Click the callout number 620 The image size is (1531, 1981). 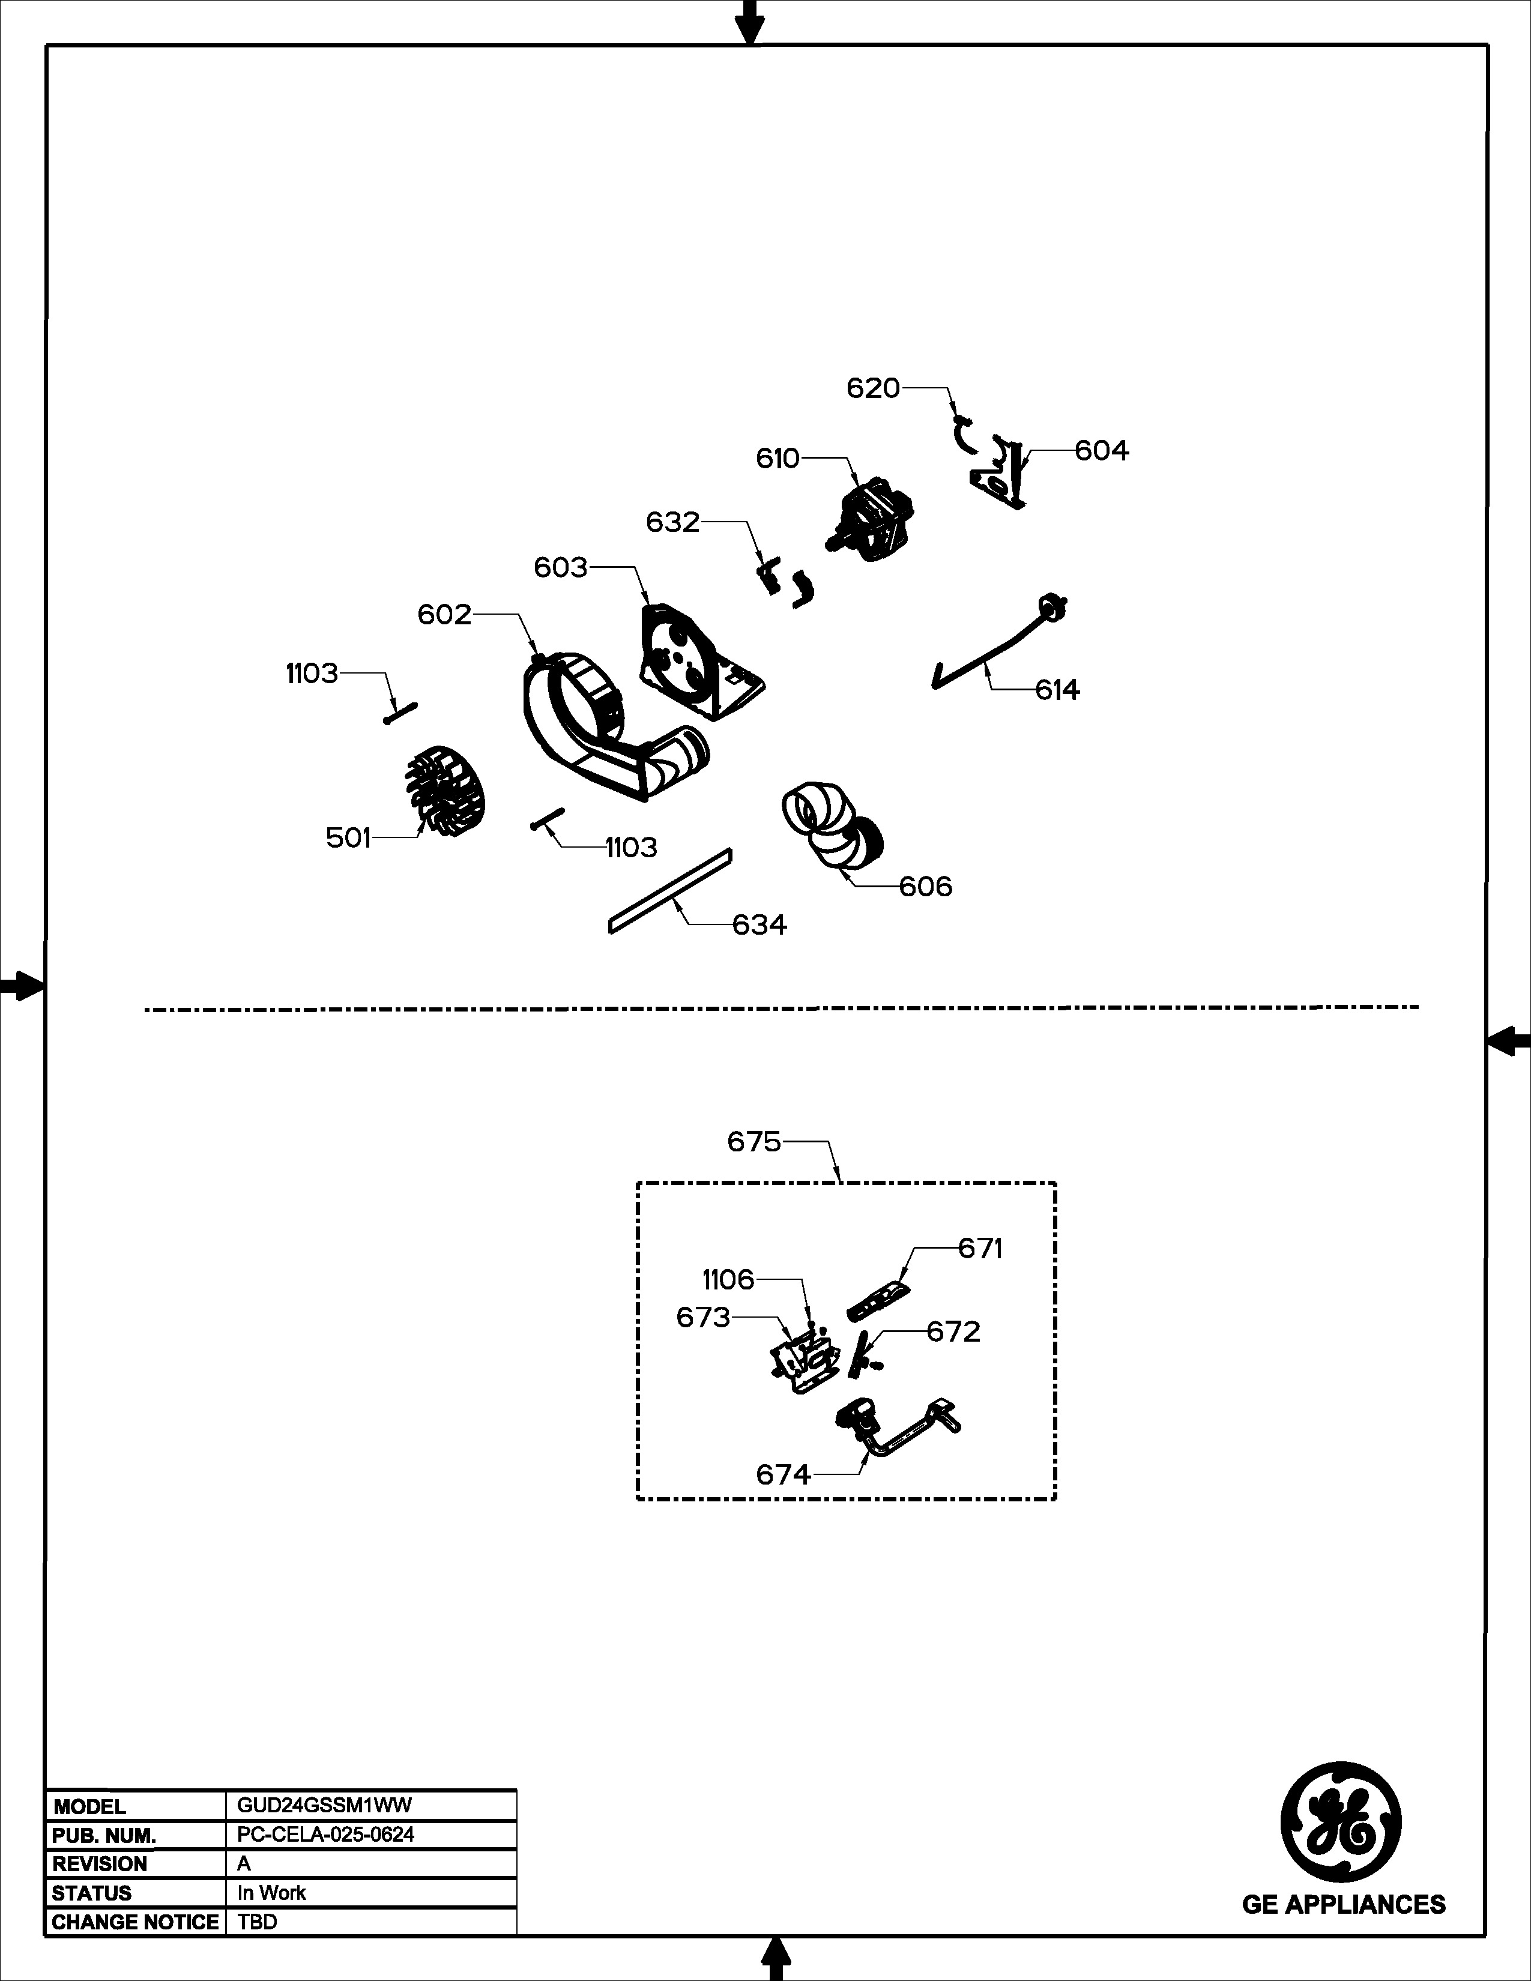tap(872, 388)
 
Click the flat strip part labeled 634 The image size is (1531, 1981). tap(669, 891)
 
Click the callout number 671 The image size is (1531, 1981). tap(980, 1249)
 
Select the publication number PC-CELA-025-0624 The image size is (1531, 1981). tap(325, 1834)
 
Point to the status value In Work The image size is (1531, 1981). tap(271, 1893)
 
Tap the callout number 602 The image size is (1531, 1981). tap(444, 615)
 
